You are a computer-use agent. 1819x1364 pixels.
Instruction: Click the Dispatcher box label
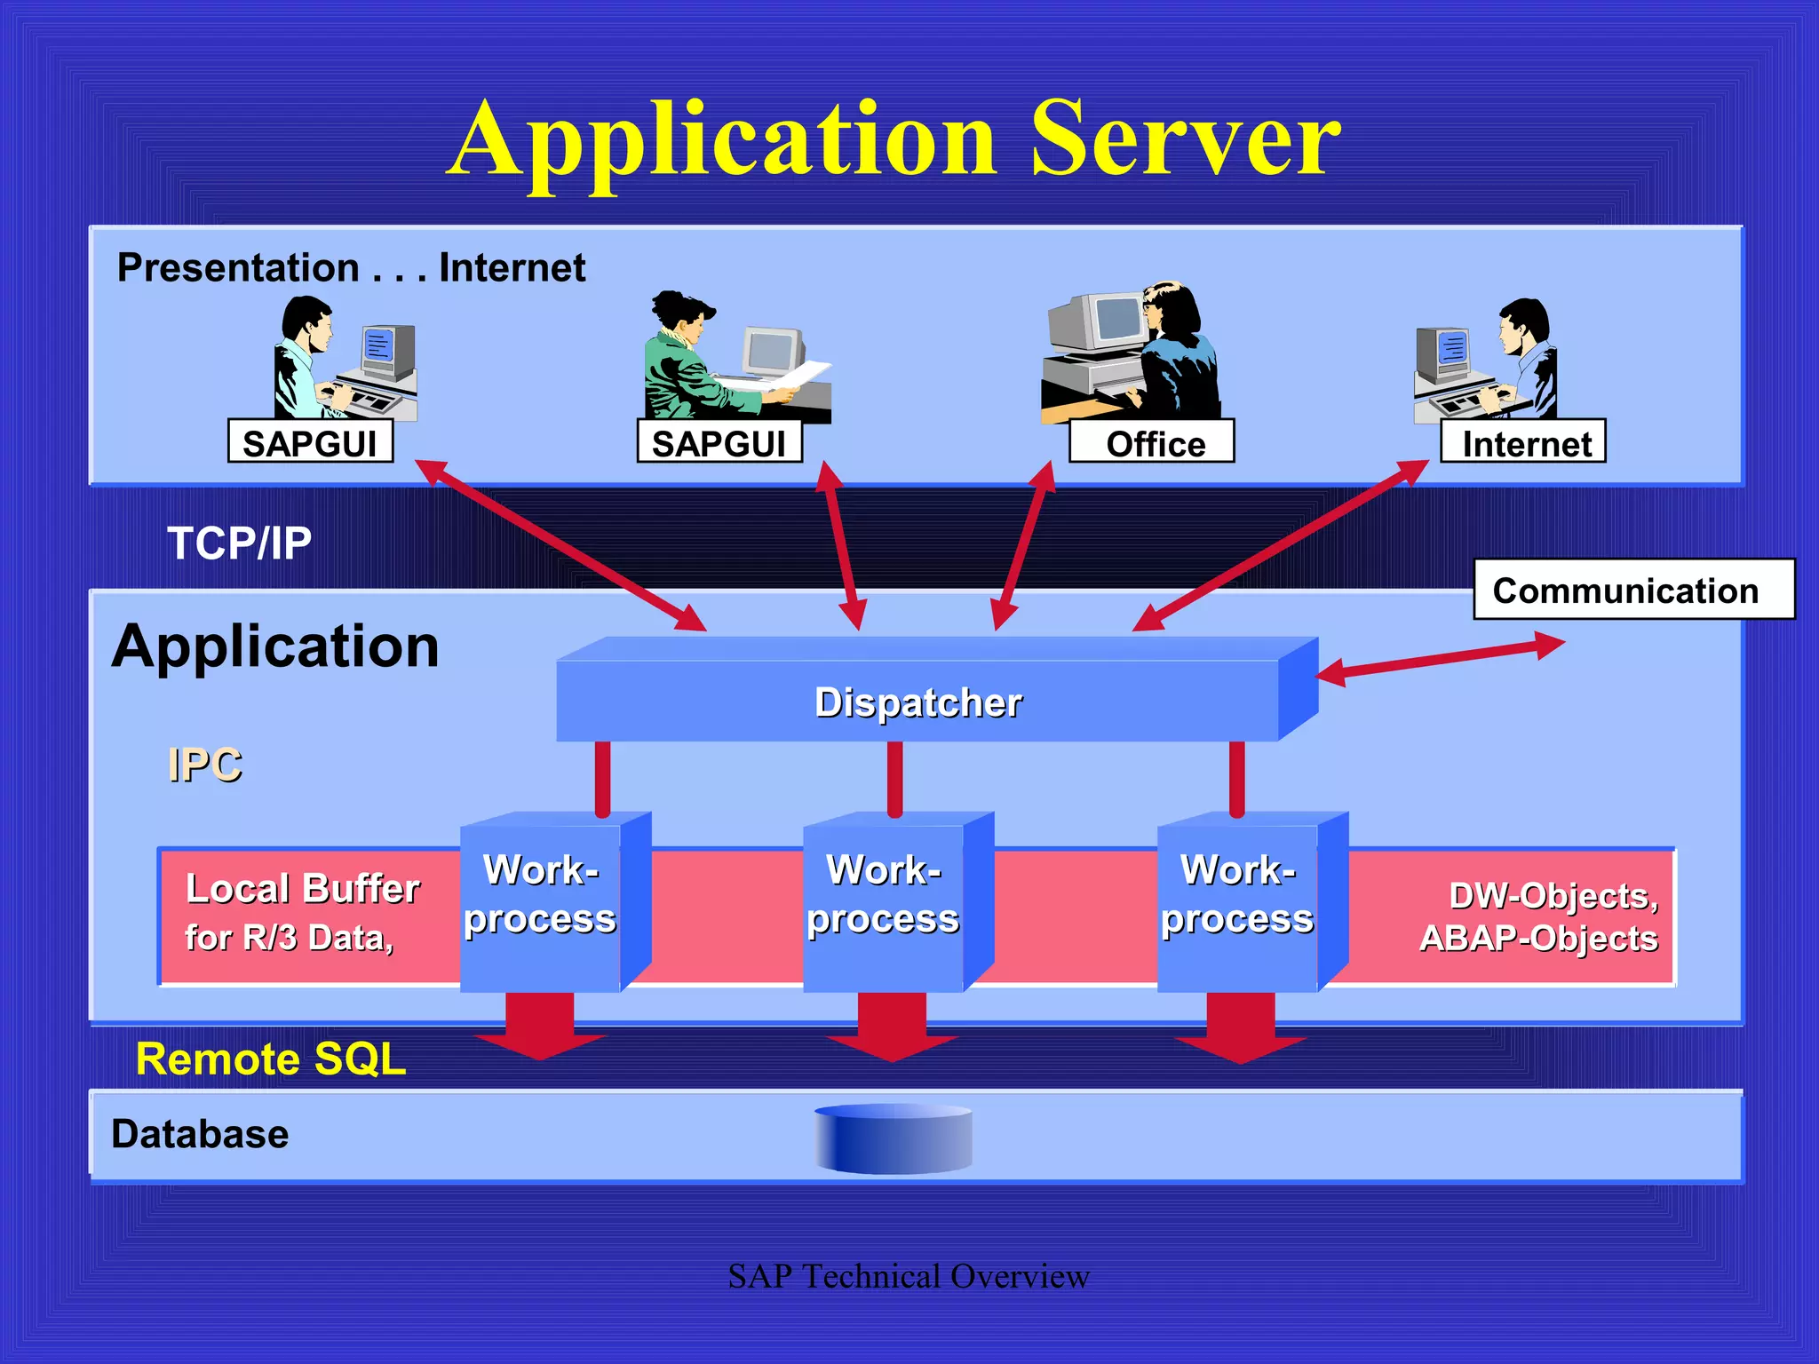tap(917, 702)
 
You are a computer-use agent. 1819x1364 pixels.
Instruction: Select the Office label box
tap(1151, 442)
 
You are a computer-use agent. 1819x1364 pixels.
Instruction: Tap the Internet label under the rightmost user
tap(1522, 442)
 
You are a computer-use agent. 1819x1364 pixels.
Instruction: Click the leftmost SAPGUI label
tap(310, 442)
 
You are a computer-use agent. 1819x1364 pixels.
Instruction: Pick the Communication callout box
tap(1632, 590)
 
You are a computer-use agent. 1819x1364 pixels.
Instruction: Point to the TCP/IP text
tap(240, 543)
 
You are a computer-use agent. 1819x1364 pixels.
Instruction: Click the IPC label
tap(204, 765)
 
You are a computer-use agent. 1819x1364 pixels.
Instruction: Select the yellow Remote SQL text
tap(271, 1059)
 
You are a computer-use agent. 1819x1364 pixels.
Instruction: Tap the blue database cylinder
tap(894, 1138)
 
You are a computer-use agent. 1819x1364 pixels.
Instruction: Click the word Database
tap(200, 1134)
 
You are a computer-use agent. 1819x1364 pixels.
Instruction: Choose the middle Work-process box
tap(884, 901)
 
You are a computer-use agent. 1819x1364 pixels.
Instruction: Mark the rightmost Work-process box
tap(1237, 901)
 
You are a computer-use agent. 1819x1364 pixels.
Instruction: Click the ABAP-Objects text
tap(1538, 939)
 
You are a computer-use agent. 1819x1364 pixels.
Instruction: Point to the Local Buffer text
tap(302, 889)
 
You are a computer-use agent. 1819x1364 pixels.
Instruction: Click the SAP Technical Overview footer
tap(908, 1276)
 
